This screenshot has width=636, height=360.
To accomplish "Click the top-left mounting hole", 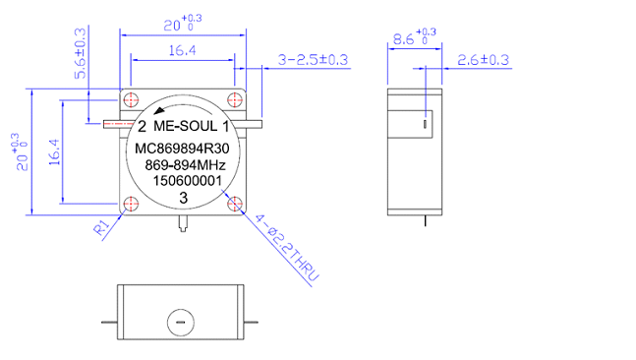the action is click(x=131, y=99).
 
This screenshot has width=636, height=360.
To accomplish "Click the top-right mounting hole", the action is click(x=235, y=99).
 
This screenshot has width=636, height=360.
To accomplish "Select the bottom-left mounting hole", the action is click(x=131, y=204).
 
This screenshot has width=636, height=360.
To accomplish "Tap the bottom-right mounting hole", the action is click(x=235, y=204).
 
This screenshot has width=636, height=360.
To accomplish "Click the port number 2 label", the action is click(x=142, y=127).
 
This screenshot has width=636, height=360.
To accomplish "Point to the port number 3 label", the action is click(x=184, y=198).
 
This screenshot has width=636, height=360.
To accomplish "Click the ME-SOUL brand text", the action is click(x=186, y=126).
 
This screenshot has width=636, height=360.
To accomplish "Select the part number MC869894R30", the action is click(x=182, y=149).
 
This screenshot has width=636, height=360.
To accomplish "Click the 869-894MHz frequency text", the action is click(x=186, y=165).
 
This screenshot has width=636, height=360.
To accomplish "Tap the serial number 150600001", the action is click(x=187, y=181).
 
